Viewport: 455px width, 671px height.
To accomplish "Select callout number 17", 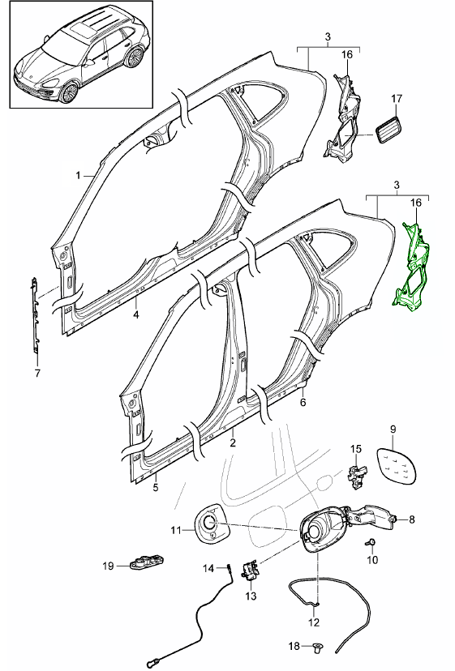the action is (397, 98).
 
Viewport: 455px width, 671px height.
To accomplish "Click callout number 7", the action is (37, 373).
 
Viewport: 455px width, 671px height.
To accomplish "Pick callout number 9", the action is (393, 429).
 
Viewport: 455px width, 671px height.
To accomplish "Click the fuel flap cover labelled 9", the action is (396, 466).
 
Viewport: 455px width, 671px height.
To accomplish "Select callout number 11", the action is (176, 531).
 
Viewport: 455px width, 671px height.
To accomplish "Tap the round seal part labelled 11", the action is (211, 524).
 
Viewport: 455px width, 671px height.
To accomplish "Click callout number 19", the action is (108, 566).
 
